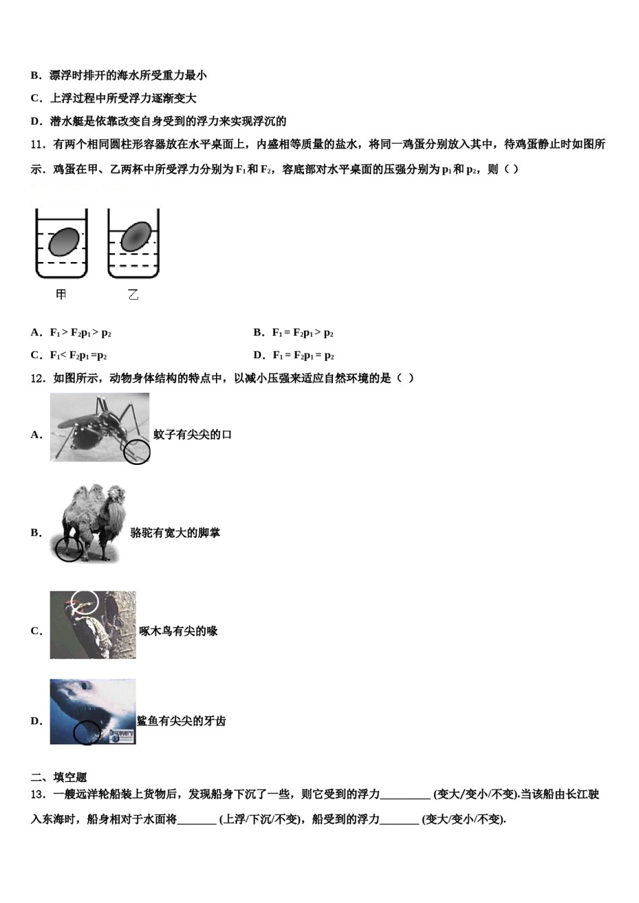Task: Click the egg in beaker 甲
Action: point(64,241)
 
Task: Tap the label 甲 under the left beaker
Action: point(61,294)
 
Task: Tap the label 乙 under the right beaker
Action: point(133,294)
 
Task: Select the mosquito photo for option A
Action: point(99,428)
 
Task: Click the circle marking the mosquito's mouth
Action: point(137,451)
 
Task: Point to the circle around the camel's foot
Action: point(69,549)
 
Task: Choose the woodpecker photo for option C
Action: point(93,625)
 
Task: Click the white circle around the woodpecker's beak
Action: point(85,603)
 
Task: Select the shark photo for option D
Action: point(93,712)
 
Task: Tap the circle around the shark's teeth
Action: point(87,732)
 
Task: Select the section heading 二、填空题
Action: point(59,777)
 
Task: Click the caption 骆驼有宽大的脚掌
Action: point(175,533)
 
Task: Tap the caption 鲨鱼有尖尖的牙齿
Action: point(182,721)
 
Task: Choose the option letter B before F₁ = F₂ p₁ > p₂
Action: point(258,332)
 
